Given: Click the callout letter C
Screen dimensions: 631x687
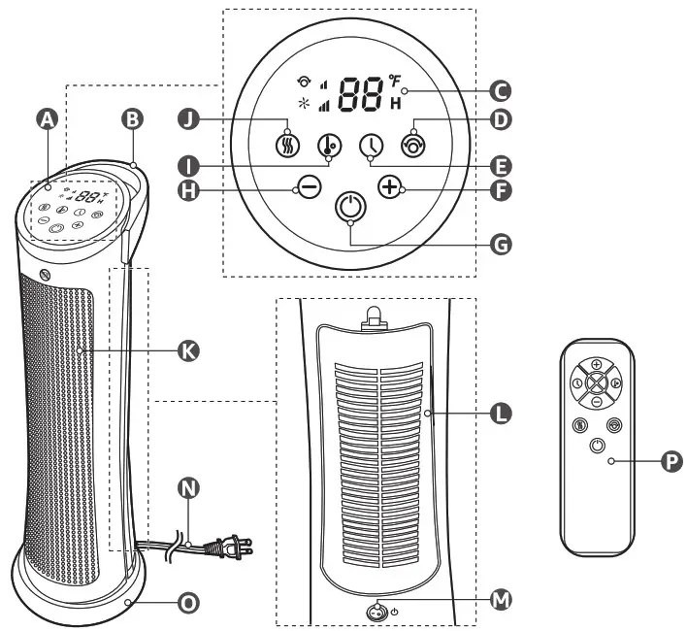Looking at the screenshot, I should coord(500,93).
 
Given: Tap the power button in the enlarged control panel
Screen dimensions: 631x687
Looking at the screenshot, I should coord(350,207).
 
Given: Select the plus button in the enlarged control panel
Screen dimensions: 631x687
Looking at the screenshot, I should coord(391,186).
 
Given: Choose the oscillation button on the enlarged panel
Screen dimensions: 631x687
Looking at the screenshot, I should coord(414,145).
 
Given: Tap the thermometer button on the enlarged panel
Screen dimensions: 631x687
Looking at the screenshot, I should coord(330,146).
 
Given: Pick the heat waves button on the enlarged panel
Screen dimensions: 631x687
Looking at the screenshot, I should coord(288,145).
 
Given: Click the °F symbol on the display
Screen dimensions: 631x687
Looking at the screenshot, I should coord(395,81).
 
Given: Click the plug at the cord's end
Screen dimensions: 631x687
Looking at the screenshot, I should coord(237,548).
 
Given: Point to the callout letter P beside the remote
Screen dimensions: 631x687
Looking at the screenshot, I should coord(671,463).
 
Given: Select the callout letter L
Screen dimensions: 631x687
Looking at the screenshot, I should coord(500,415).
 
